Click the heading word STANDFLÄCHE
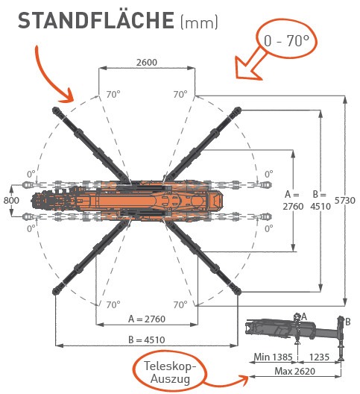(x=96, y=20)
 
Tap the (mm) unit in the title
(x=199, y=22)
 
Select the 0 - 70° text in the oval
(x=286, y=40)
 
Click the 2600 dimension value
(x=147, y=62)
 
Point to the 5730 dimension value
(x=345, y=200)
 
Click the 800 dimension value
(x=11, y=200)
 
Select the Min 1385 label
(x=274, y=357)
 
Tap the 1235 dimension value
(x=319, y=357)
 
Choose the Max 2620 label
(x=294, y=371)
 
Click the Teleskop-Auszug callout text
(x=170, y=372)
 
